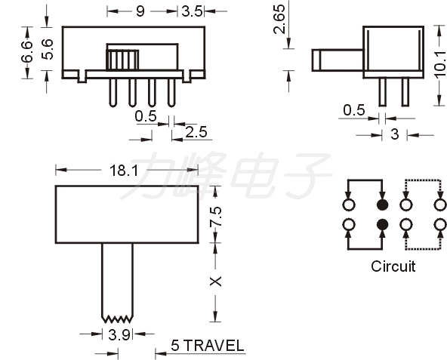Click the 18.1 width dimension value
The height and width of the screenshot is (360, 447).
[x=124, y=171]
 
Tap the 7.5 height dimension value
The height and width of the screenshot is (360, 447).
[x=215, y=217]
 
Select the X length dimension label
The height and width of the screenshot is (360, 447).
[x=215, y=282]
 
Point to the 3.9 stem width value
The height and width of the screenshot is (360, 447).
[x=119, y=334]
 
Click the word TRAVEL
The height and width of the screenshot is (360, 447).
[x=214, y=346]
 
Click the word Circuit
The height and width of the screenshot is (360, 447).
[x=393, y=266]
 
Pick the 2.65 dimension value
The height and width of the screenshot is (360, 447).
[x=279, y=19]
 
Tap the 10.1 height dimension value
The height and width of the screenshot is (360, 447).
[x=440, y=64]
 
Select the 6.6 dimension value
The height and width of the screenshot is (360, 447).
[x=27, y=51]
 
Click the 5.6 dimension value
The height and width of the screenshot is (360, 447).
[x=48, y=49]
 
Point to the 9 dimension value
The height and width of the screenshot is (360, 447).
[x=140, y=11]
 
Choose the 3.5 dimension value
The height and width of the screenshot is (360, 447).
[x=192, y=11]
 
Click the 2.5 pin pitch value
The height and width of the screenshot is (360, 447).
[x=196, y=132]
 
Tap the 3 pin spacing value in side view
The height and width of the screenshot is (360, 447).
[x=395, y=134]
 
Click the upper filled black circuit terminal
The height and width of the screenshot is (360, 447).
[x=383, y=205]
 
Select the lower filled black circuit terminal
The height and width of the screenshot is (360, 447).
[x=383, y=225]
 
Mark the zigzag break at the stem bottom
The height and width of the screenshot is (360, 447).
[x=117, y=319]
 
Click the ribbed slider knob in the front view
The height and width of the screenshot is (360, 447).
[x=122, y=60]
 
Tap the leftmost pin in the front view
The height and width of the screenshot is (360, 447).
[x=113, y=93]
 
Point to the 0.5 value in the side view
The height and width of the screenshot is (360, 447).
[x=354, y=110]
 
